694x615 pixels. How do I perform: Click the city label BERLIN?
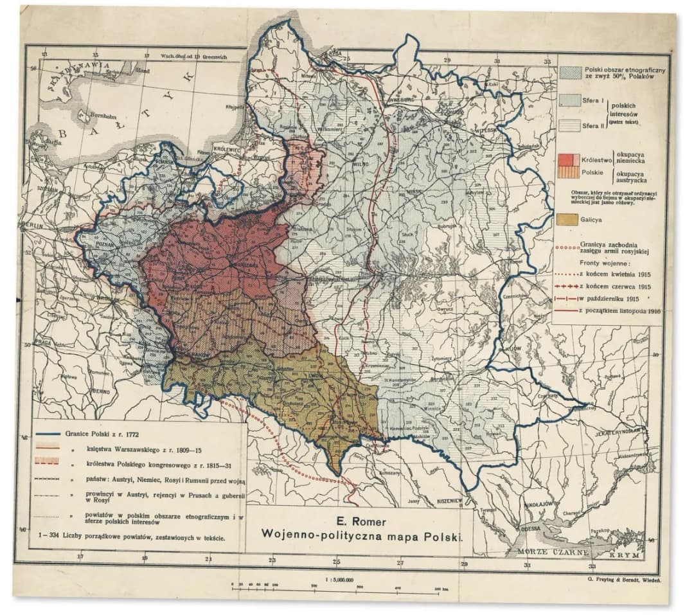31,224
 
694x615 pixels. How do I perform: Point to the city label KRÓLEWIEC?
229,146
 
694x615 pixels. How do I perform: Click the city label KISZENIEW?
447,499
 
